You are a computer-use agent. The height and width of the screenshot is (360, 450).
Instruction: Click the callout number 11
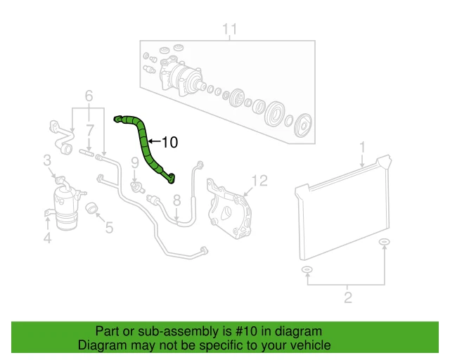tap(230, 30)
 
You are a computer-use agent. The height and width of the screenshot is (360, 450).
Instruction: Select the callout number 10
tap(169, 143)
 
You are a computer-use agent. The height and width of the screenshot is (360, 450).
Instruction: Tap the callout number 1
tap(363, 147)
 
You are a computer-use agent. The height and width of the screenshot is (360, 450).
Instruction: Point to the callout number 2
tap(347, 297)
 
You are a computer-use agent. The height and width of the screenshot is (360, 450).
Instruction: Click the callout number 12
tap(259, 181)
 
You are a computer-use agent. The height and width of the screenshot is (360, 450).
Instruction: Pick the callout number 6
tap(89, 96)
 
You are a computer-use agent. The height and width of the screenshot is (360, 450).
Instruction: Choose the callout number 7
tap(89, 130)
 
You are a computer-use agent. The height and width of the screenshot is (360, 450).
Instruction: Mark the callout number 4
tap(47, 239)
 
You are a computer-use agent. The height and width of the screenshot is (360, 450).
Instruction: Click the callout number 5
tap(108, 227)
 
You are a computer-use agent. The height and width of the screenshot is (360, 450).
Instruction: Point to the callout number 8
tap(176, 200)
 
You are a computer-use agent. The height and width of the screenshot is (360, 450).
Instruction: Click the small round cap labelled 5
tap(91, 209)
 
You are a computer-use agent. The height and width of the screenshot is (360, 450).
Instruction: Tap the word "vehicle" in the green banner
tap(308, 346)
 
